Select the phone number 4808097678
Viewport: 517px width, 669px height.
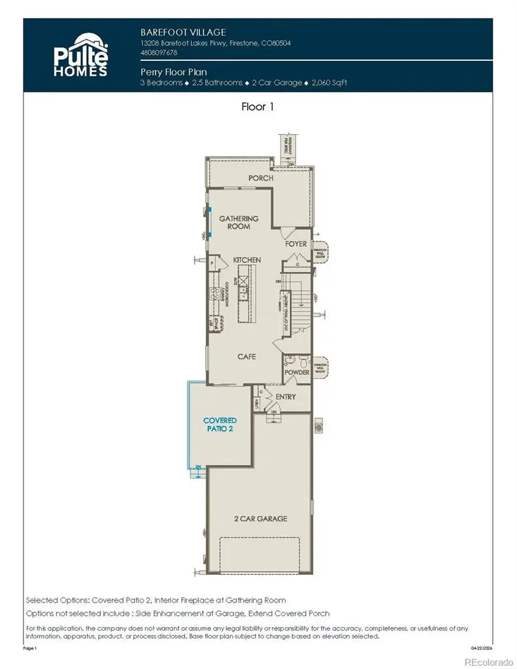(159, 52)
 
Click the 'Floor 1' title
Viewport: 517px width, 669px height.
(258, 107)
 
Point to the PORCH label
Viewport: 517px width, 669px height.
(260, 178)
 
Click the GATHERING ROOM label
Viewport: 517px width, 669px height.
(238, 222)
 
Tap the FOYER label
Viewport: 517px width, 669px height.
(296, 244)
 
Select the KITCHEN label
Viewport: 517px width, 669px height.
(246, 260)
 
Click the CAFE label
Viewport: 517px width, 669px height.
(246, 357)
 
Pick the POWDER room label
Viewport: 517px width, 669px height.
(296, 373)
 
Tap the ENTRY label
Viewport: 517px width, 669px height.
(285, 397)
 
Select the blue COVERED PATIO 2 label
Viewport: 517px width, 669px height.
(218, 424)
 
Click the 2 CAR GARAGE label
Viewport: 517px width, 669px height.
(260, 519)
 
